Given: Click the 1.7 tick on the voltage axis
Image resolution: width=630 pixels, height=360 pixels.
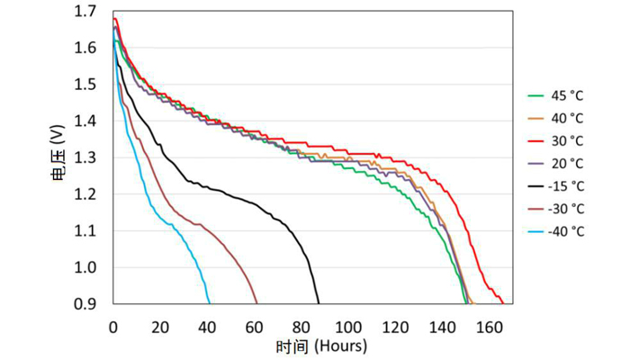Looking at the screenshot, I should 86,11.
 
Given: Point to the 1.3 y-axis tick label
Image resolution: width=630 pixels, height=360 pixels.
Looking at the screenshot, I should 86,157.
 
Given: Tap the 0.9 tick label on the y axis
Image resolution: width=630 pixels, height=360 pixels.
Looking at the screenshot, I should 86,304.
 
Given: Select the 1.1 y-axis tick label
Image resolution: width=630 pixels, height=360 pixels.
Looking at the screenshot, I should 86,231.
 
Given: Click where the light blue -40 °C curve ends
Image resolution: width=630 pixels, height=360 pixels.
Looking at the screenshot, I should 210,303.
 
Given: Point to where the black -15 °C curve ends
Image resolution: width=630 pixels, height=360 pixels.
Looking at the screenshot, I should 319,303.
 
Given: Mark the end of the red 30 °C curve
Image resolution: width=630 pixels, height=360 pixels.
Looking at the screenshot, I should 502,303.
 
